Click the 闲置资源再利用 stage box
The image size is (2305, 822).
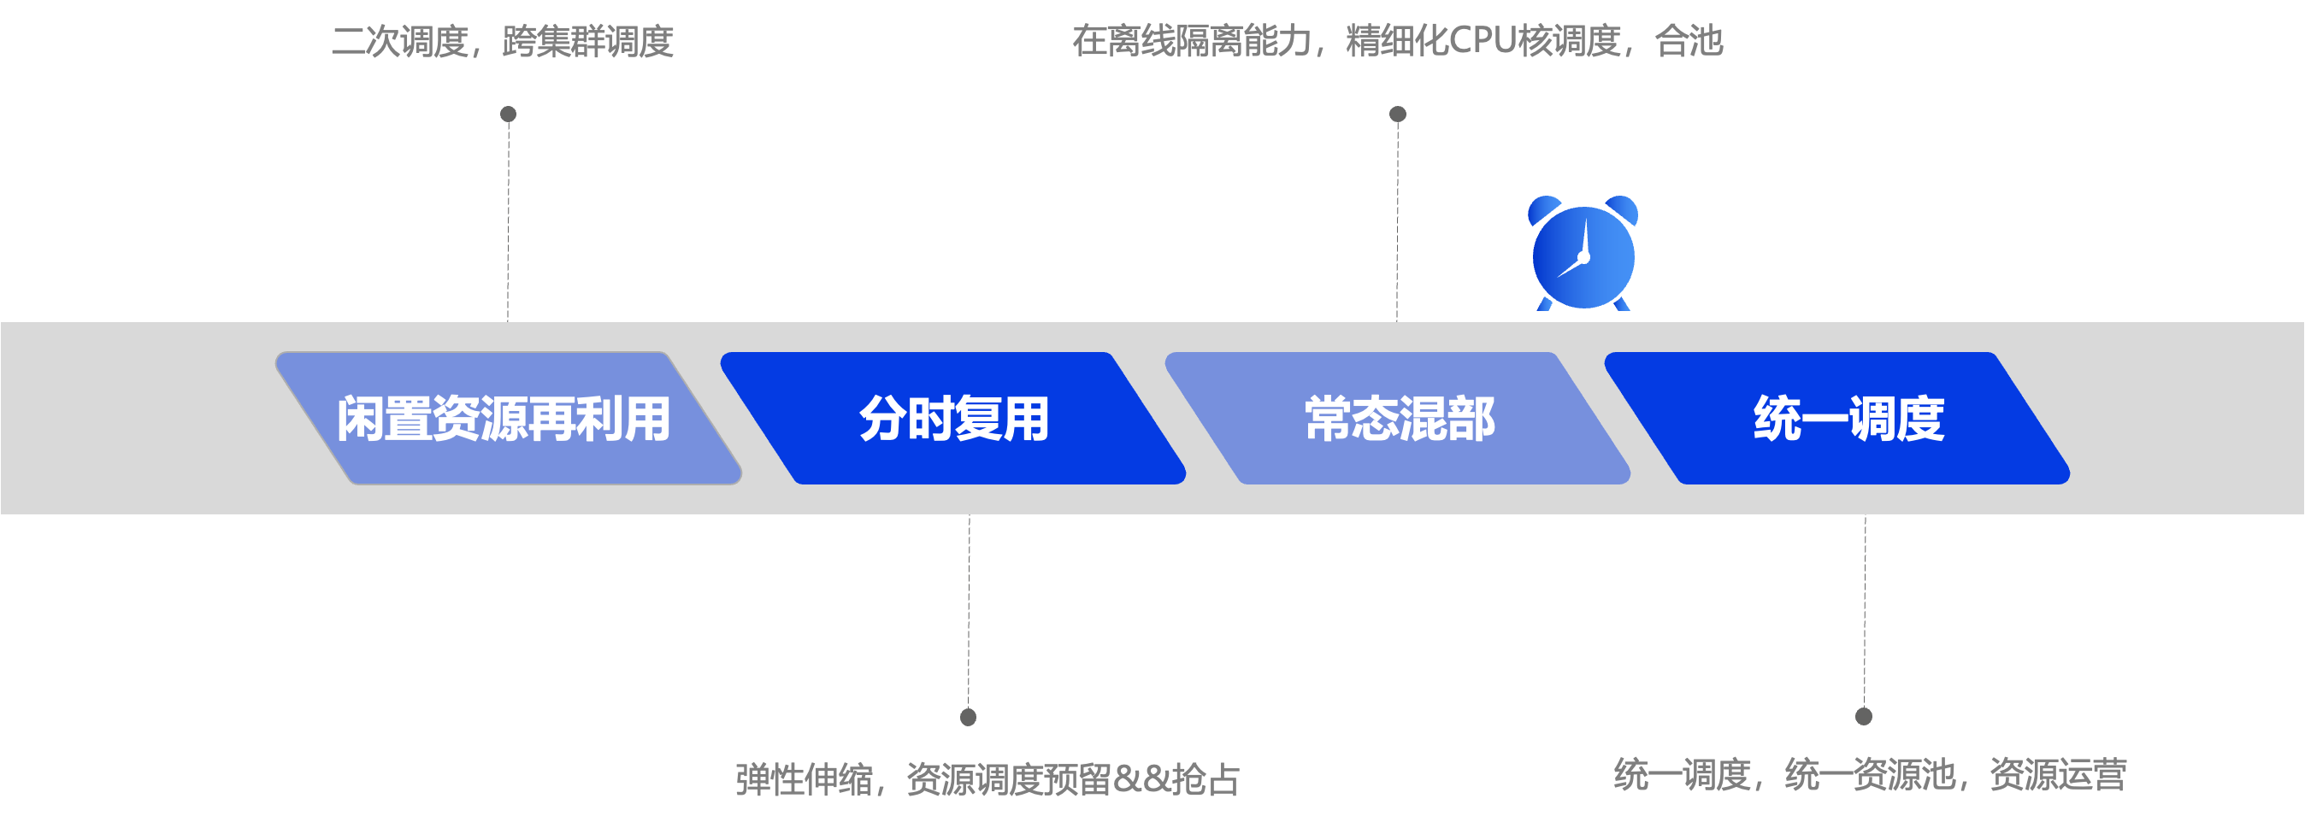(x=506, y=419)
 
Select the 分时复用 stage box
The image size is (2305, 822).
(x=954, y=419)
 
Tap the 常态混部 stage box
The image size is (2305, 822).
(x=1399, y=419)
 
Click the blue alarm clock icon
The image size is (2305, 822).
(x=1583, y=255)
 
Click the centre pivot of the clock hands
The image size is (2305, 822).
(x=1583, y=257)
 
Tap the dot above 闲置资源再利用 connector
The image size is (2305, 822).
(x=508, y=114)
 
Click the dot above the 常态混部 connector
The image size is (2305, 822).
(x=1398, y=114)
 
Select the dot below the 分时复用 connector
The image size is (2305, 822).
(x=968, y=716)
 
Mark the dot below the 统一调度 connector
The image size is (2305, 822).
(x=1864, y=715)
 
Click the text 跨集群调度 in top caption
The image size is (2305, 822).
(x=588, y=41)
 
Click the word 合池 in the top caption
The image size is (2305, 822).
(x=1689, y=41)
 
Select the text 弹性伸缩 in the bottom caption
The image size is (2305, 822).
(x=804, y=779)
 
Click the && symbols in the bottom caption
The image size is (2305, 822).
(x=1142, y=779)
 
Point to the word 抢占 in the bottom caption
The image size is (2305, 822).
(x=1206, y=779)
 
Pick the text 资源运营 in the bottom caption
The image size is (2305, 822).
(x=2058, y=773)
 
